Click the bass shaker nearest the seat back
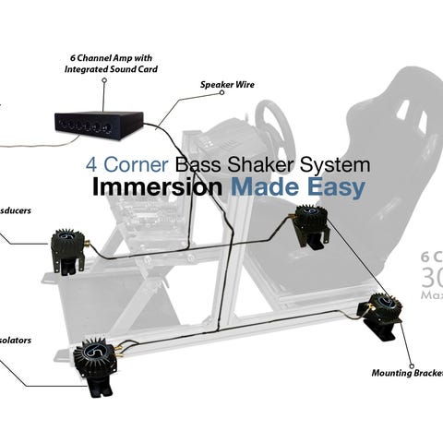point(309,227)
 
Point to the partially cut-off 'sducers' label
point(17,210)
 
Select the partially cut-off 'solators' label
point(17,340)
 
